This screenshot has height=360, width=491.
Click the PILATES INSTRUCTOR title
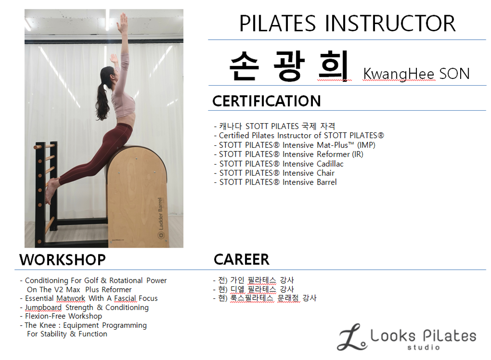[x=347, y=24]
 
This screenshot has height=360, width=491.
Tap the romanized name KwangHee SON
[x=416, y=74]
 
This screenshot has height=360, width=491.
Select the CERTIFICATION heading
[x=266, y=101]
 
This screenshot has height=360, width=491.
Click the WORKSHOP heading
[x=62, y=260]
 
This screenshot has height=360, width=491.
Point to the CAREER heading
[x=241, y=260]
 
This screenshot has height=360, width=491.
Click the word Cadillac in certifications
[x=330, y=164]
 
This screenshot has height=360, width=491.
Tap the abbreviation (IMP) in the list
[x=366, y=145]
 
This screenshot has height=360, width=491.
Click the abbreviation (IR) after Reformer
[x=358, y=154]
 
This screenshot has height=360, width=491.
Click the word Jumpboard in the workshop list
[x=43, y=307]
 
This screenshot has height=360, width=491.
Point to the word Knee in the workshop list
[x=47, y=325]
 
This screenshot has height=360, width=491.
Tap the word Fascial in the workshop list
[x=125, y=298]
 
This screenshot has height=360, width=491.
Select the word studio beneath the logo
[x=423, y=347]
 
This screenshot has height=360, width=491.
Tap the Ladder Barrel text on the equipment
[x=160, y=214]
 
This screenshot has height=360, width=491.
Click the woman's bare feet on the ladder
[x=51, y=190]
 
